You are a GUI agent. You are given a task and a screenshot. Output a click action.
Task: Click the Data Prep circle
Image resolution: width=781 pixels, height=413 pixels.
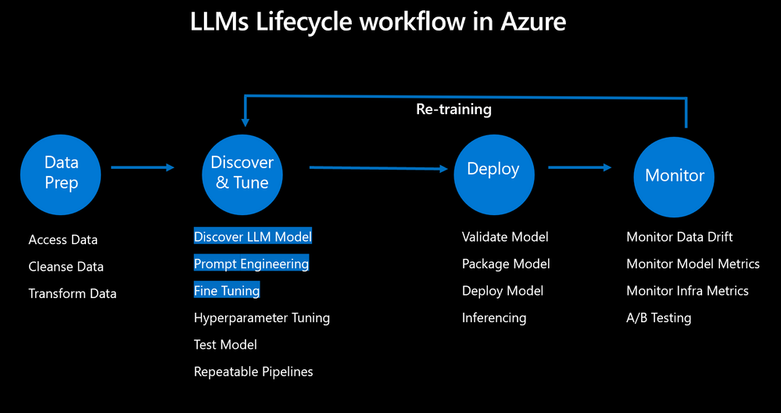[61, 173]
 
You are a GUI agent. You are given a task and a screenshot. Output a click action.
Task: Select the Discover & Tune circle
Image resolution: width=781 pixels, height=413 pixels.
[242, 173]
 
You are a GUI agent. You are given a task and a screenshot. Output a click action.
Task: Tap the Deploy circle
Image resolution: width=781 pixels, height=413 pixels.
[493, 174]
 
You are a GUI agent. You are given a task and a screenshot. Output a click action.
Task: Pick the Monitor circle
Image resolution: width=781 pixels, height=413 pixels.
[674, 176]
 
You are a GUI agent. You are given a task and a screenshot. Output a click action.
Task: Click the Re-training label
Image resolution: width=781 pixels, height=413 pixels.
[453, 110]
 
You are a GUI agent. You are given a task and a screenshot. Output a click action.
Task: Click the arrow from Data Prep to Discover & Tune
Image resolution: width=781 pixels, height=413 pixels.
[143, 167]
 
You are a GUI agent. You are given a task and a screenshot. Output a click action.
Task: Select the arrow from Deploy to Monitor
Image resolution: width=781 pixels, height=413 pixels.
[579, 167]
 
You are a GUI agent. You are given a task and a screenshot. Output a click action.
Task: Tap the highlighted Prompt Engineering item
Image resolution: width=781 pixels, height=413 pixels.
[251, 264]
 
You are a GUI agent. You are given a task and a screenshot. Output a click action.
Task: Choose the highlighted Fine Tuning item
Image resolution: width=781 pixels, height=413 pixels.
[227, 291]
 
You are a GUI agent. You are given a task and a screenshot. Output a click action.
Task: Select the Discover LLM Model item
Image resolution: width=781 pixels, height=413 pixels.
[253, 236]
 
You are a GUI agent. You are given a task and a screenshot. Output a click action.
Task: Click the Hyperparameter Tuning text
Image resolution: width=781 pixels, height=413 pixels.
[262, 318]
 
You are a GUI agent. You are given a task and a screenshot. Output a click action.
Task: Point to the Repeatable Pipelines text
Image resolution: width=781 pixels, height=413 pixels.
[253, 372]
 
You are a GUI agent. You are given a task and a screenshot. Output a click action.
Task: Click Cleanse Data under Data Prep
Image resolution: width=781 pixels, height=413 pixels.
[66, 267]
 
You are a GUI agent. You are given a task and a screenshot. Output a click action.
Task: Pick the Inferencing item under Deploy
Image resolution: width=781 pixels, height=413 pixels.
[494, 318]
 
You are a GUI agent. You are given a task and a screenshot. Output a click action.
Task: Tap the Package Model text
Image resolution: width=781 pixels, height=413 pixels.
[506, 264]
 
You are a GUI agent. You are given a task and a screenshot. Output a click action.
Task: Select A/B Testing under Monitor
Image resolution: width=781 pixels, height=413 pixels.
[658, 318]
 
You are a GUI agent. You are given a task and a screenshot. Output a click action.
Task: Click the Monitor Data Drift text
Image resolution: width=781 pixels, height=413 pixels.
[679, 236]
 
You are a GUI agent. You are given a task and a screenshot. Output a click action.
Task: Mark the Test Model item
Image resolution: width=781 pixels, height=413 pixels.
[225, 344]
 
